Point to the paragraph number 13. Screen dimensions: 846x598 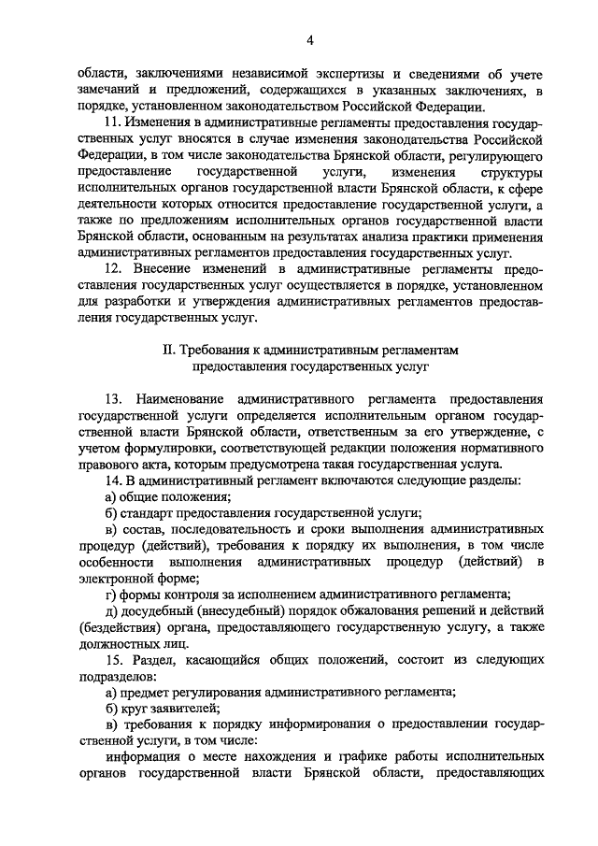[115, 399]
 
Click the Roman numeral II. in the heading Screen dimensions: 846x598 [168, 350]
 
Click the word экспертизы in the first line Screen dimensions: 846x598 [344, 73]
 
